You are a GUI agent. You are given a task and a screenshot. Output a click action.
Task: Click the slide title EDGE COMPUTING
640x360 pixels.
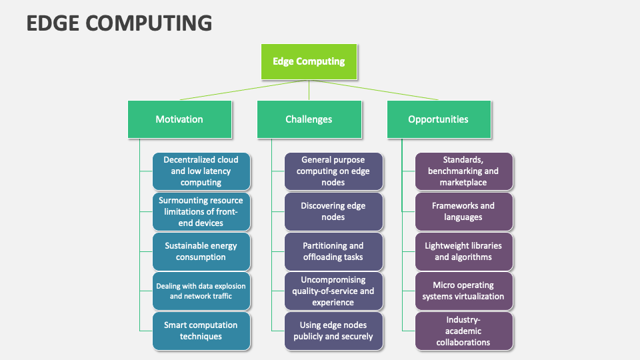[119, 23]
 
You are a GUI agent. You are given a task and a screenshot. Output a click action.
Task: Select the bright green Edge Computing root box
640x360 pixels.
[309, 62]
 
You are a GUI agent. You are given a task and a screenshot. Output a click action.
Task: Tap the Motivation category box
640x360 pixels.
[179, 119]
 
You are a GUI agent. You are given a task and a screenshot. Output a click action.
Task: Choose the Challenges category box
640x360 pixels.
[309, 119]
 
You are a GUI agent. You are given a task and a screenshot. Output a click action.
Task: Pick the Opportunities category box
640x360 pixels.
[439, 119]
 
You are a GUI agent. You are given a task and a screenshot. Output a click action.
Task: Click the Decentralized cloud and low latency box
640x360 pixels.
[201, 171]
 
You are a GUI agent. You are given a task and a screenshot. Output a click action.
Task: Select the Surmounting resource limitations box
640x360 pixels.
[201, 211]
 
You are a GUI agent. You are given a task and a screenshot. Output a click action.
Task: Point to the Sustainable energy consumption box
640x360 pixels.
[201, 251]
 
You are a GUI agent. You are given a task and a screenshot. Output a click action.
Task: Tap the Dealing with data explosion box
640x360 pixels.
[201, 291]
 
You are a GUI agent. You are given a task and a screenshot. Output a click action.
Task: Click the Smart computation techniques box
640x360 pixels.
[201, 331]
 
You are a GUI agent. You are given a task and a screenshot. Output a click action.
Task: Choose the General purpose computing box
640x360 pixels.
[333, 171]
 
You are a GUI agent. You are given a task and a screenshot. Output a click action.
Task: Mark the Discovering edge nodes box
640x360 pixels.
[333, 211]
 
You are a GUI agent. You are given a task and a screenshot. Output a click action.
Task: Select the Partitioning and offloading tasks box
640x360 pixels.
[333, 251]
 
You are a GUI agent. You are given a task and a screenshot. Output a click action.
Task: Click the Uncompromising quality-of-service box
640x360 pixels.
[333, 291]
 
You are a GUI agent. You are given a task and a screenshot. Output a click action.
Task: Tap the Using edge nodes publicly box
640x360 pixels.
[333, 331]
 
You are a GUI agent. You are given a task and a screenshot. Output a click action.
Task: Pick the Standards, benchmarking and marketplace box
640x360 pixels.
[463, 171]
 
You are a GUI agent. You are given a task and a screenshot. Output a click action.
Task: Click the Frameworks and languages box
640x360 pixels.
[463, 211]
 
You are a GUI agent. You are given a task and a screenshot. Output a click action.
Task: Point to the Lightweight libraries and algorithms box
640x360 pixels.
[463, 251]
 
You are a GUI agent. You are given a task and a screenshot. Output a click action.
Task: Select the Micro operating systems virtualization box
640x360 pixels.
[463, 291]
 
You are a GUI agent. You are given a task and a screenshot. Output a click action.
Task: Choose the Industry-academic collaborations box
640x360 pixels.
[463, 331]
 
